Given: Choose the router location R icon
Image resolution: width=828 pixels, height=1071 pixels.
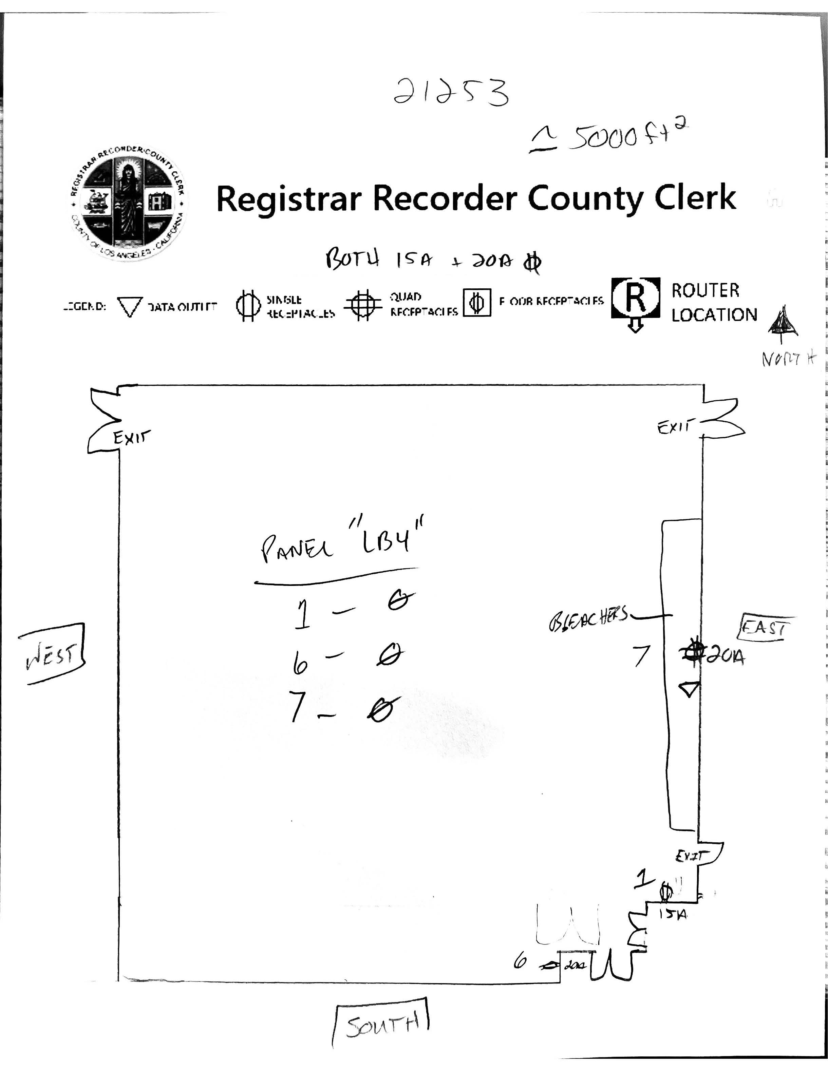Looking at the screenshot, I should coord(635,299).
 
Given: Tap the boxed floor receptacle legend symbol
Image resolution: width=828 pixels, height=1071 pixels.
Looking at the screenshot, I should coord(477,303).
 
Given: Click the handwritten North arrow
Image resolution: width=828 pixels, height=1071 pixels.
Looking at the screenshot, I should coord(783,324).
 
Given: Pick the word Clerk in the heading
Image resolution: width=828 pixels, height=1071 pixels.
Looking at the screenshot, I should coord(695,198).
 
